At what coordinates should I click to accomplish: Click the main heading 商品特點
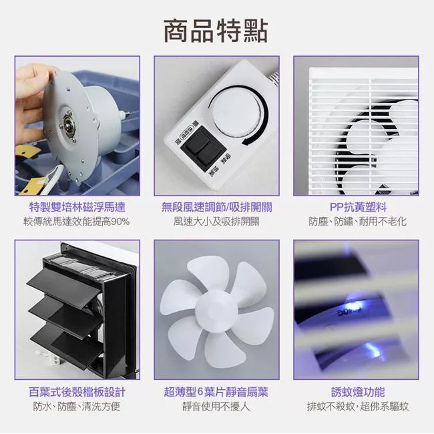click(x=216, y=31)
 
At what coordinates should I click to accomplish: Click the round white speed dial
click(x=236, y=113)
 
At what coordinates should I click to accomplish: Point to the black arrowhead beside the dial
click(x=248, y=142)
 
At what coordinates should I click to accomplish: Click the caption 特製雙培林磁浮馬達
click(x=77, y=207)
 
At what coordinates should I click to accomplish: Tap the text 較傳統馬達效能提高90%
click(x=77, y=222)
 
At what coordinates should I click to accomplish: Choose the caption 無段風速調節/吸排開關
click(x=217, y=207)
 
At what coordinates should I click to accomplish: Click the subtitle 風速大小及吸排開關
click(x=216, y=222)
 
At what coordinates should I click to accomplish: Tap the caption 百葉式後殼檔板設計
click(x=77, y=392)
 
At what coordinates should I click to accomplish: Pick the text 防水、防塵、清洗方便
click(x=77, y=407)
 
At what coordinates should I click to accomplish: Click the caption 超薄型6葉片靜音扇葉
click(x=216, y=392)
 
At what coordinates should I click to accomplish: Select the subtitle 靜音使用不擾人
click(x=216, y=407)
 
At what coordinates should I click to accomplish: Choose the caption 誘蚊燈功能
click(x=358, y=392)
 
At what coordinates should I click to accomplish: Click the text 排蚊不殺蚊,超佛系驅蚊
click(x=358, y=407)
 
